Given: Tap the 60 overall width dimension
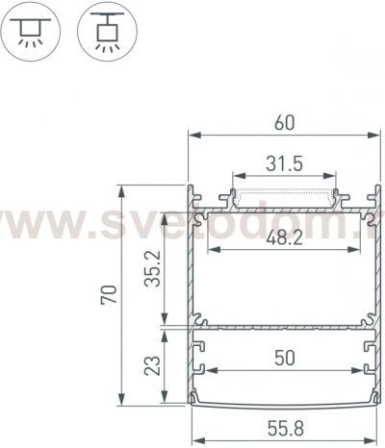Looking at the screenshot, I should [283, 122].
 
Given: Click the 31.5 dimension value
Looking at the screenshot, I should [284, 164].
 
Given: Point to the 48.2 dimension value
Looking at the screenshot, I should [284, 237].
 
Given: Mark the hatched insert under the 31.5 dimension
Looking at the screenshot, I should [284, 198].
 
